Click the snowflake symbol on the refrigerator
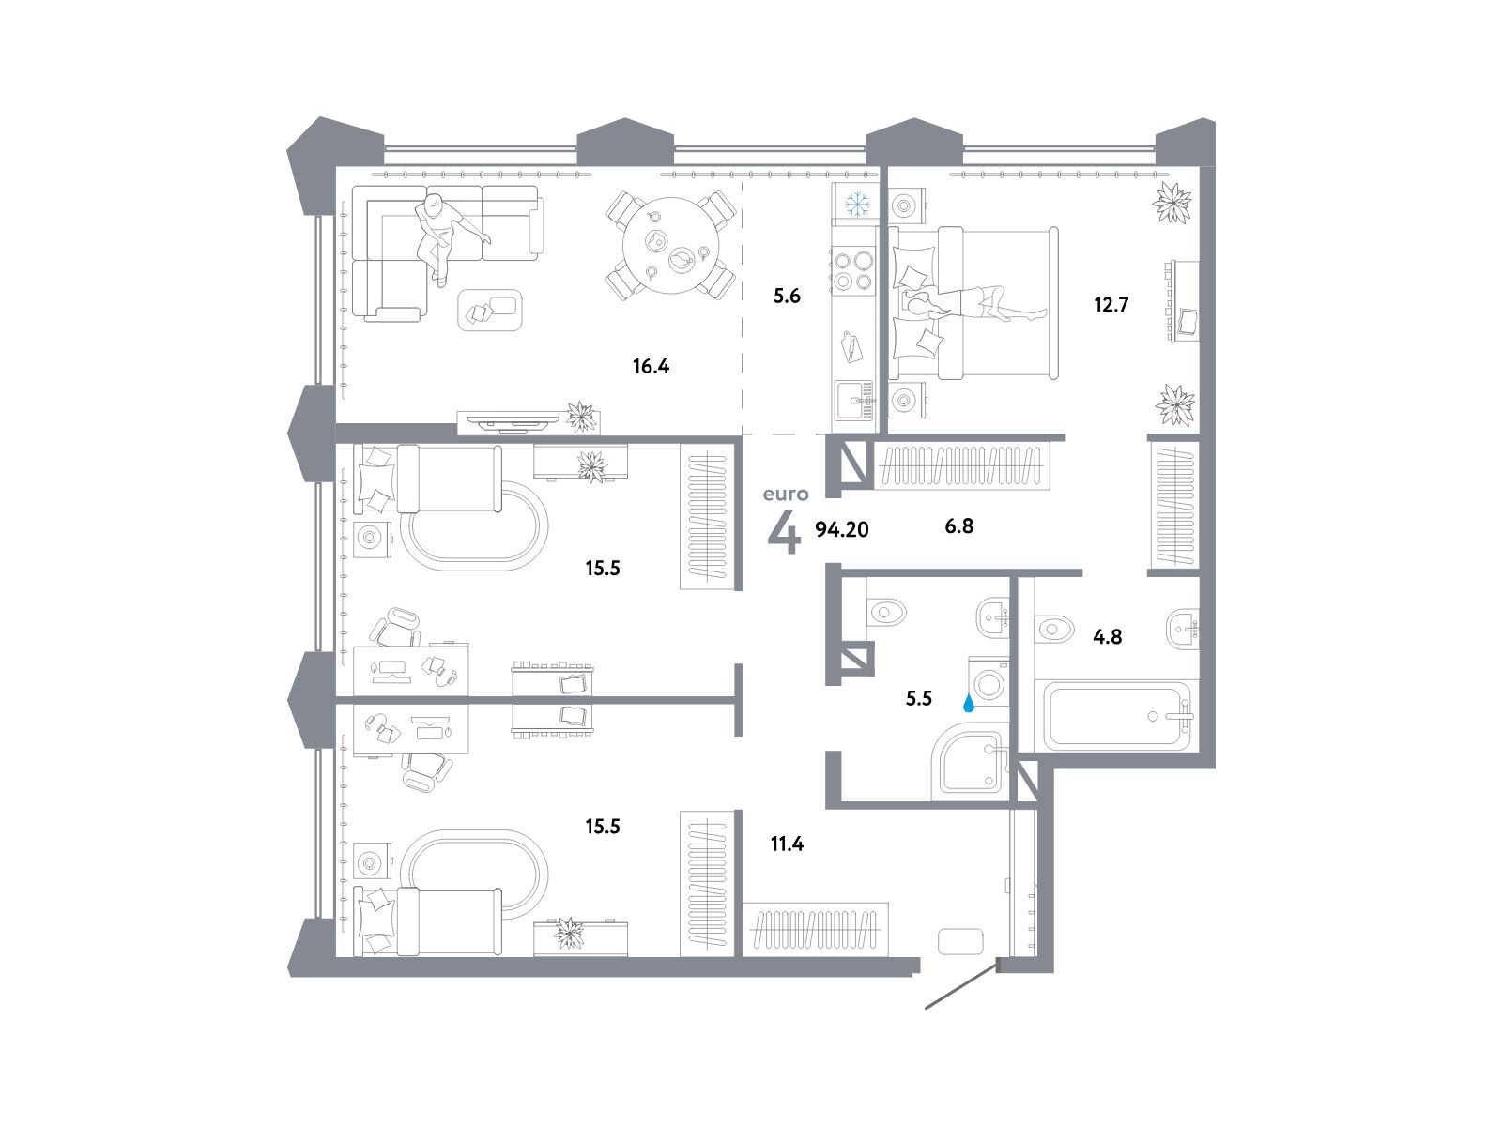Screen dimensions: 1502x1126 857,204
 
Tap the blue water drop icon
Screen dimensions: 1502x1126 968,704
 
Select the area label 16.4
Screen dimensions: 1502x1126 651,367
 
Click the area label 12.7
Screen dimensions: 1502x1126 1111,304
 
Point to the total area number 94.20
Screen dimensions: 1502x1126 842,529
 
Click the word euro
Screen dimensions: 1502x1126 786,494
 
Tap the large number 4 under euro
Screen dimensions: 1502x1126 784,532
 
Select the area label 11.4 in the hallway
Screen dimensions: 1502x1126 787,844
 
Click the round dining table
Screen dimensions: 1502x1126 671,246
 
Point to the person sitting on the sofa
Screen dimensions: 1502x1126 446,236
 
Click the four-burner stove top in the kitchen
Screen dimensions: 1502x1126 852,270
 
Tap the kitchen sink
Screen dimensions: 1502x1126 854,401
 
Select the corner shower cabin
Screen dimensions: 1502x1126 971,762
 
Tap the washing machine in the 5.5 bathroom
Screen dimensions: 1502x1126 989,681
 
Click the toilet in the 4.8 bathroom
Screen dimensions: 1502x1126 1053,628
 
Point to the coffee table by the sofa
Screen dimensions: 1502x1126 490,311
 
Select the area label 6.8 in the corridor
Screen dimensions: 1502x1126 958,525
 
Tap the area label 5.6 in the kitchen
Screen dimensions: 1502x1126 787,296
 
